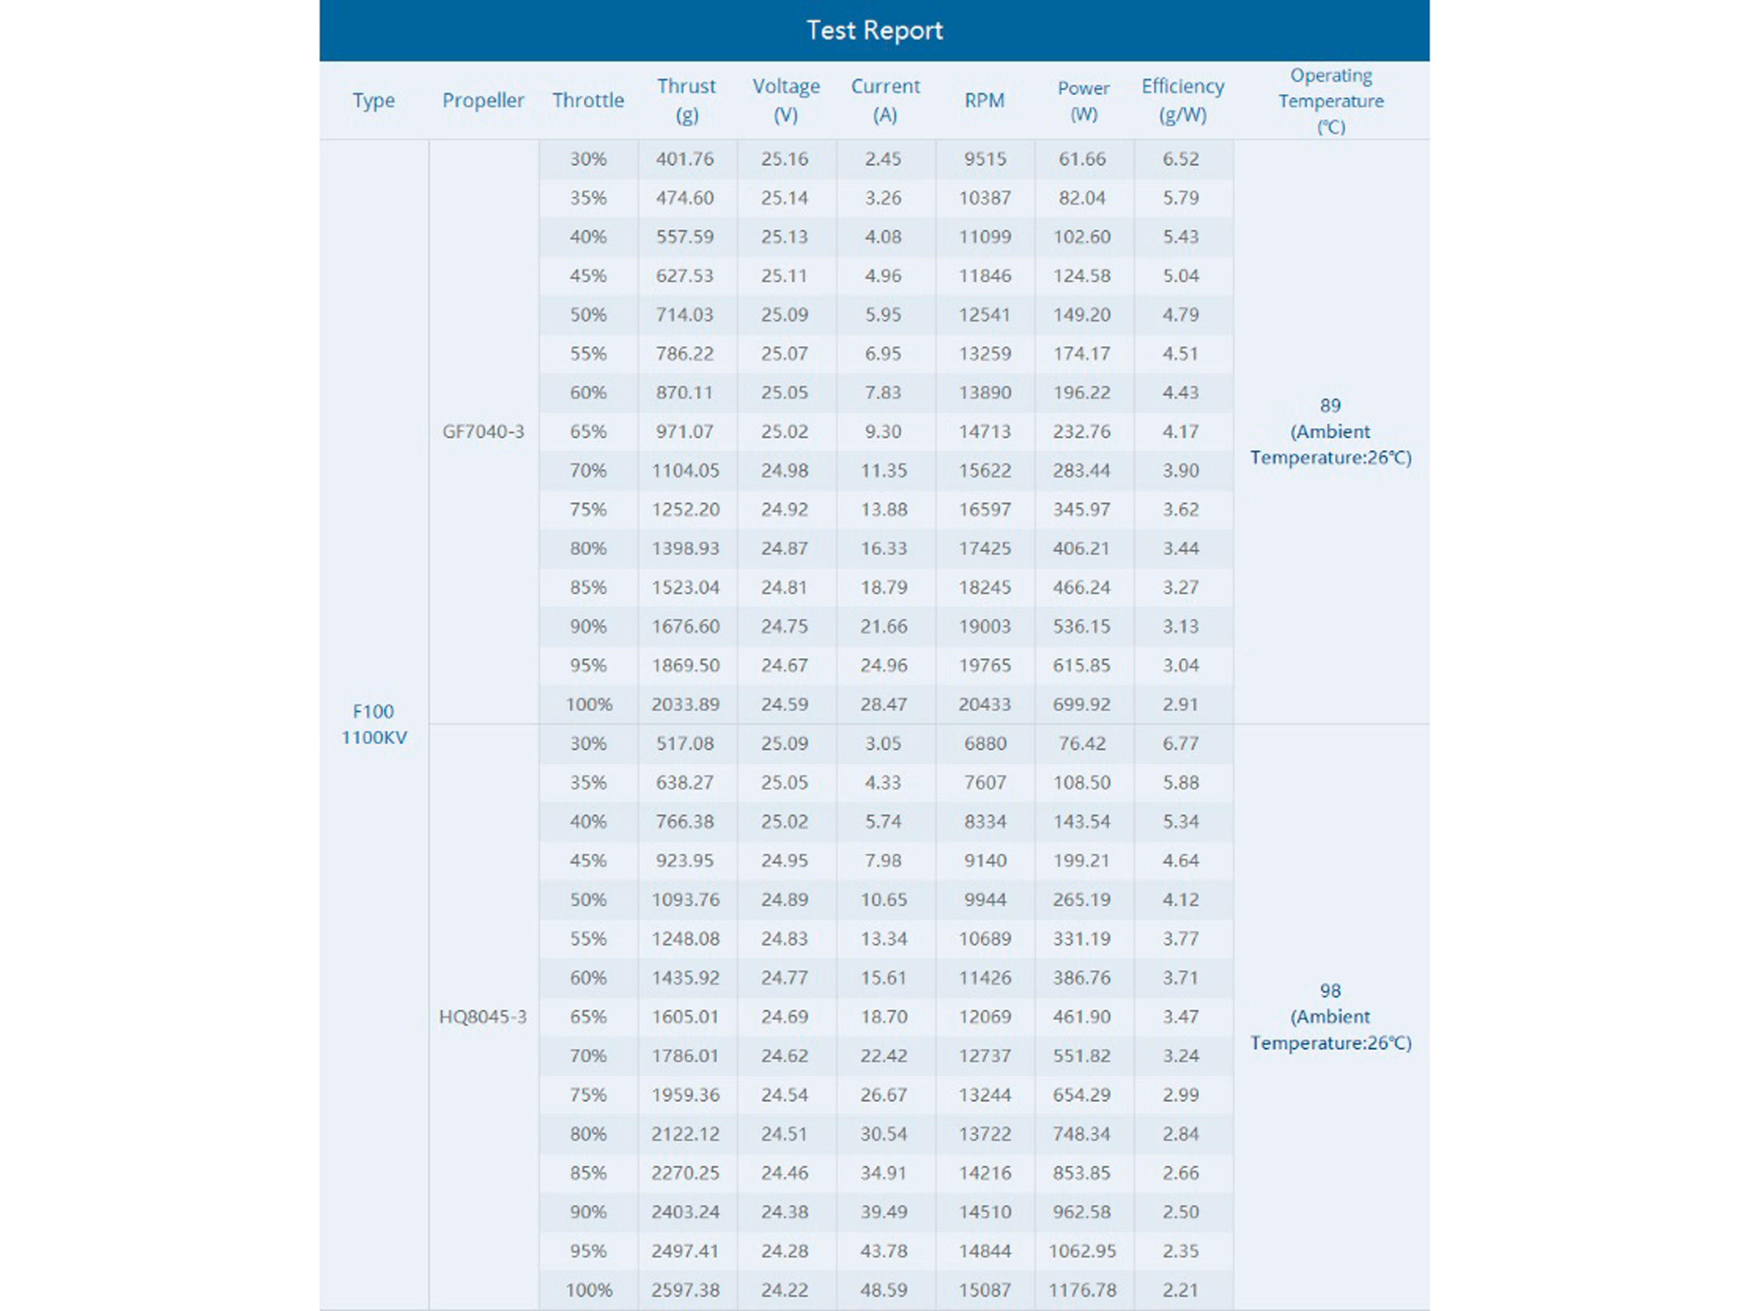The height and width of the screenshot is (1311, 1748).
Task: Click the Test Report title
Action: point(874,30)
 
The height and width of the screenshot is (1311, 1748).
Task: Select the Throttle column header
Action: point(588,100)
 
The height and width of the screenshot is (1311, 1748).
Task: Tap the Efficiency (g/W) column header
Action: point(1182,100)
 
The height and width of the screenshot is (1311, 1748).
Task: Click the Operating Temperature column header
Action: point(1331,100)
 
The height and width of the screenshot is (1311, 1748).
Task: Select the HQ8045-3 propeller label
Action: point(483,1017)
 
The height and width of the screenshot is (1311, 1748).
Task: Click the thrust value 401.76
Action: point(685,159)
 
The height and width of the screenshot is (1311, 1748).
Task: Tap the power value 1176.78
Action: point(1082,1289)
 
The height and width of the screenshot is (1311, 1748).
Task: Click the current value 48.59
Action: point(883,1289)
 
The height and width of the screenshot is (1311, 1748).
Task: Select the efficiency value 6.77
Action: point(1180,743)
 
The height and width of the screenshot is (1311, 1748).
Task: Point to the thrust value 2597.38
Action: point(685,1289)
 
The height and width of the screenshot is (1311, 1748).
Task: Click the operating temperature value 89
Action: point(1330,406)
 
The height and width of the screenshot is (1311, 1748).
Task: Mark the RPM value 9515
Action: point(985,159)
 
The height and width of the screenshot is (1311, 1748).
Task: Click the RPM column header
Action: point(984,100)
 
